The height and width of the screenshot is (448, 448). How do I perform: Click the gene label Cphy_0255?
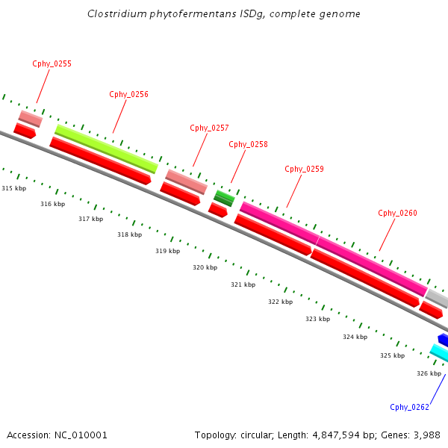tap(52, 64)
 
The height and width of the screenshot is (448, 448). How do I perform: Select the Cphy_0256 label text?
tap(128, 95)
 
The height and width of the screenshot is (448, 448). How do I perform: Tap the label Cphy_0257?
tap(209, 128)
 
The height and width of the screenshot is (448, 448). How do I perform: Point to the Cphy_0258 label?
tap(248, 145)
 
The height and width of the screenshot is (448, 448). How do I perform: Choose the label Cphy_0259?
tap(304, 169)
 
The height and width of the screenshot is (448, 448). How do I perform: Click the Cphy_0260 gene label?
tap(397, 214)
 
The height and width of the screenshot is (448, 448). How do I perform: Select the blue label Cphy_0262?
tap(409, 407)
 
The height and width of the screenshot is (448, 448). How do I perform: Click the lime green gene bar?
tap(106, 148)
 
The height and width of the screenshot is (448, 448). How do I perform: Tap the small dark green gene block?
tap(224, 198)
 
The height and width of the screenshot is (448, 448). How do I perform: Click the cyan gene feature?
tap(439, 352)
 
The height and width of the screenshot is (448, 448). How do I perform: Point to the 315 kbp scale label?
tap(14, 188)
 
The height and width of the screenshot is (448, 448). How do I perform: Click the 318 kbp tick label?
tap(130, 235)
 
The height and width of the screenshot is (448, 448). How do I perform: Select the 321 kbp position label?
tap(243, 284)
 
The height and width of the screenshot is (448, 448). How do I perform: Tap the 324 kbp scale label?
tap(355, 337)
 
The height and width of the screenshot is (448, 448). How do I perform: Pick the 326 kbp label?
tap(429, 373)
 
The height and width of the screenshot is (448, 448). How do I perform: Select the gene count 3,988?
tap(425, 435)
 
